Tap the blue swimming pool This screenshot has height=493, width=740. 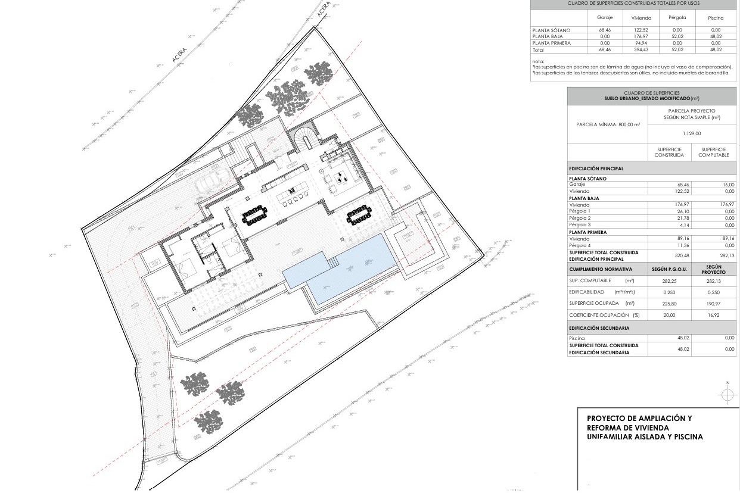point(340,268)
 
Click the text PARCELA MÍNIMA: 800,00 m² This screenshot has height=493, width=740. point(608,124)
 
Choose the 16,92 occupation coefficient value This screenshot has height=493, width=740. point(713,314)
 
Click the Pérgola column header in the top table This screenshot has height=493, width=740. point(677,18)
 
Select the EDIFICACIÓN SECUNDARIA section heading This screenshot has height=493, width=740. point(599,328)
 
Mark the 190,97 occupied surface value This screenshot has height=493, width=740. point(713,303)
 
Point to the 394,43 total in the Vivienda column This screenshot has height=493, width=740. point(641,50)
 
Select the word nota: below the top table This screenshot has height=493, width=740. point(538,61)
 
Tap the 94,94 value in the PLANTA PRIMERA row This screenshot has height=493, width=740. point(641,43)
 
